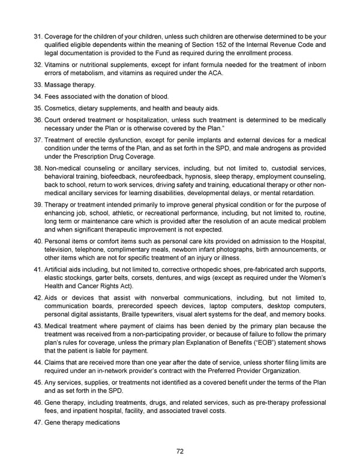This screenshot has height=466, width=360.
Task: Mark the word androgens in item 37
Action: point(274,148)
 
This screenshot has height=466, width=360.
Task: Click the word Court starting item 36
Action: point(54,120)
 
